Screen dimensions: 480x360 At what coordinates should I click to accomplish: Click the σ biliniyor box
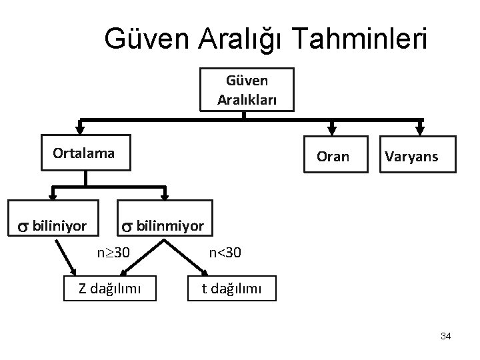[x=53, y=225]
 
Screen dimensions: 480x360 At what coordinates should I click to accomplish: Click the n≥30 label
[x=113, y=253]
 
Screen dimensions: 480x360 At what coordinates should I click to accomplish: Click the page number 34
[x=445, y=337]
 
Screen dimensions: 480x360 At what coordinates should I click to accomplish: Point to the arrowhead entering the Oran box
[x=332, y=131]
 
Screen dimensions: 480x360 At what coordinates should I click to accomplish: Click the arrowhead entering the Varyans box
[x=420, y=131]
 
